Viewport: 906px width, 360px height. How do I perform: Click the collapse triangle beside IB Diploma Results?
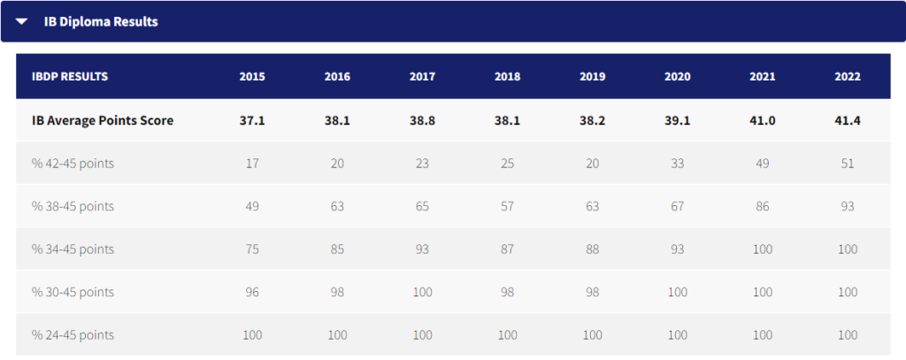[x=22, y=21]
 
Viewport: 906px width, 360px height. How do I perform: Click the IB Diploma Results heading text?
[x=101, y=21]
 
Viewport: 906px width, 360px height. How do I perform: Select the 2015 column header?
[x=252, y=76]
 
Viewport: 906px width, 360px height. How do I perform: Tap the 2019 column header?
[x=592, y=76]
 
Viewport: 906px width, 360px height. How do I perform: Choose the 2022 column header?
[x=847, y=76]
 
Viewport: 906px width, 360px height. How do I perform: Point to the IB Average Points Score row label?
[x=102, y=120]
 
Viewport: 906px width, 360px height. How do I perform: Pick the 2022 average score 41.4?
[x=847, y=120]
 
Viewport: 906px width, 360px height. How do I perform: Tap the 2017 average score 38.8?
[x=422, y=120]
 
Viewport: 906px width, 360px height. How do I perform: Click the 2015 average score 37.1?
[x=252, y=120]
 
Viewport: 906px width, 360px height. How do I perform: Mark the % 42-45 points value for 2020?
[x=677, y=164]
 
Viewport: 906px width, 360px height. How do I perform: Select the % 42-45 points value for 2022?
[x=847, y=164]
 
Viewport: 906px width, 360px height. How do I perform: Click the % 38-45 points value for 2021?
[x=762, y=206]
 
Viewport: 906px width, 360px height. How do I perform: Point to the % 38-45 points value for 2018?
[x=507, y=206]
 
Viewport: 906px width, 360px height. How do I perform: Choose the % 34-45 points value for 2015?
[x=252, y=249]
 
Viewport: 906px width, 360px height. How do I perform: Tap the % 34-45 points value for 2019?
[x=592, y=249]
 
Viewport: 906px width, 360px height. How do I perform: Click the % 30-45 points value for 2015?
[x=252, y=292]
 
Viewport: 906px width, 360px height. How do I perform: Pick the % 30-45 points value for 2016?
[x=337, y=292]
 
